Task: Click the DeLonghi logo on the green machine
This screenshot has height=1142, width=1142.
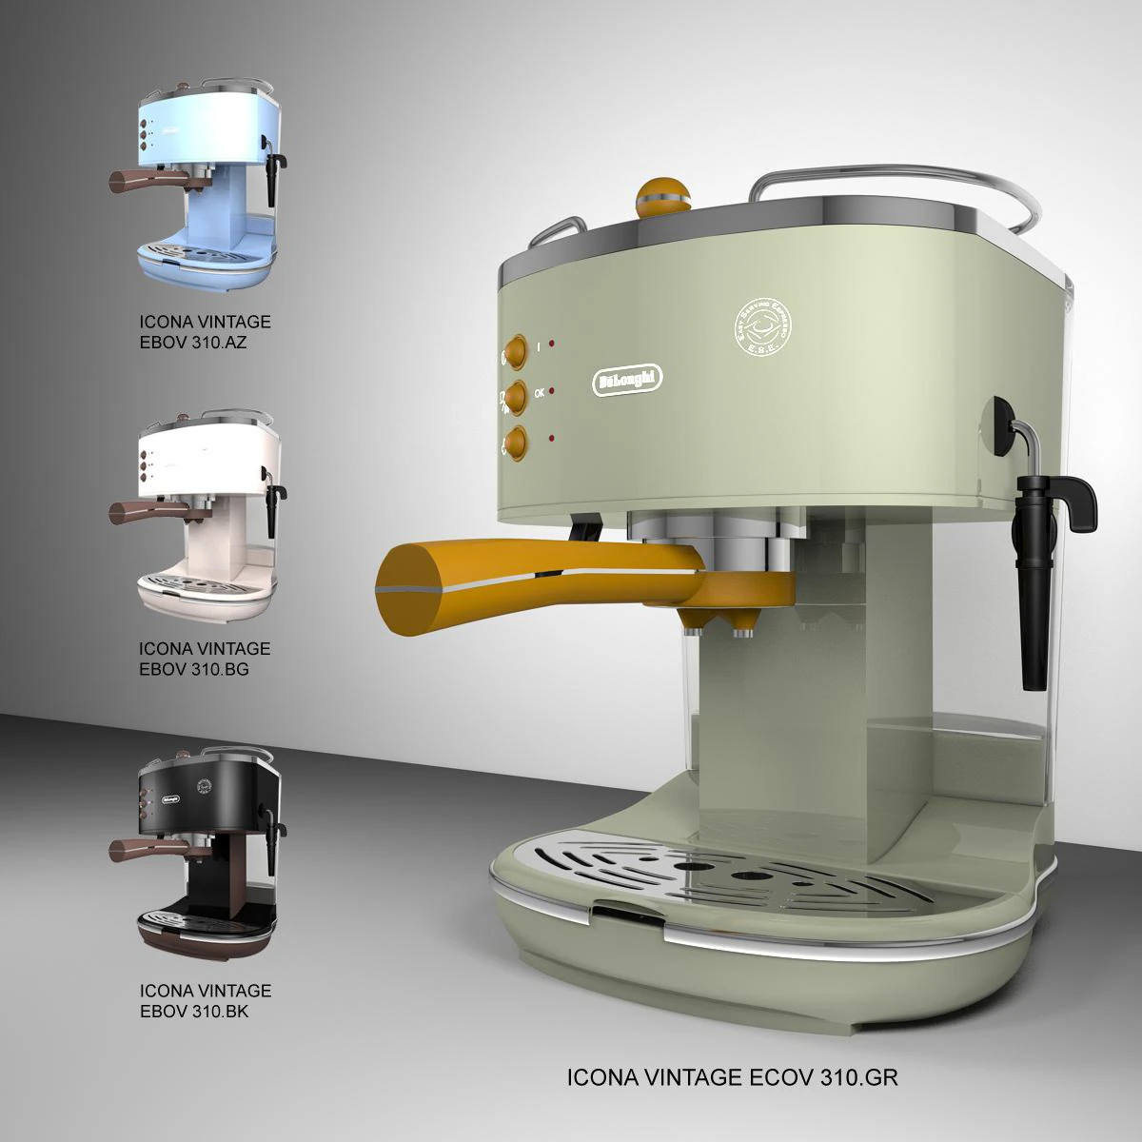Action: (627, 379)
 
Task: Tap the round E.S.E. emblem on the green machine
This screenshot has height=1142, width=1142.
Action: (763, 327)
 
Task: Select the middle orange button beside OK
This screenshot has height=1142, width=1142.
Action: (516, 396)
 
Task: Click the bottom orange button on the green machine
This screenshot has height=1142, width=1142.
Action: (516, 443)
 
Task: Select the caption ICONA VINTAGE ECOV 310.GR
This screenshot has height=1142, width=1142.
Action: (732, 1077)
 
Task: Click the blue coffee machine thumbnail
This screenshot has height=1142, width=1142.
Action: (205, 186)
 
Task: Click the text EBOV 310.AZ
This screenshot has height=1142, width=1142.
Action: (193, 343)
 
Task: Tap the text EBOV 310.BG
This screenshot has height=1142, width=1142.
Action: (194, 669)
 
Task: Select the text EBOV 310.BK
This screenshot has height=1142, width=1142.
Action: (194, 1012)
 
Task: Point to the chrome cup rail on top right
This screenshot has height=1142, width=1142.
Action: (904, 190)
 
